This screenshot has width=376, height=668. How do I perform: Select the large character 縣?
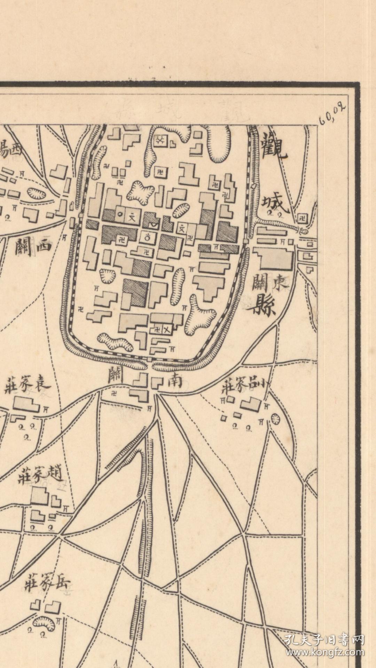coord(265,305)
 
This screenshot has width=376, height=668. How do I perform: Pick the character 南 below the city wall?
coord(175,381)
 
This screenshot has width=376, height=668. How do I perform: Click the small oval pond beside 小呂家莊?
coord(275,419)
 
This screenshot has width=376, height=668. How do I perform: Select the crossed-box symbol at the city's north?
coord(160,141)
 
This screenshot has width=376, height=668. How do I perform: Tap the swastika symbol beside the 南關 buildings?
coord(114,393)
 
